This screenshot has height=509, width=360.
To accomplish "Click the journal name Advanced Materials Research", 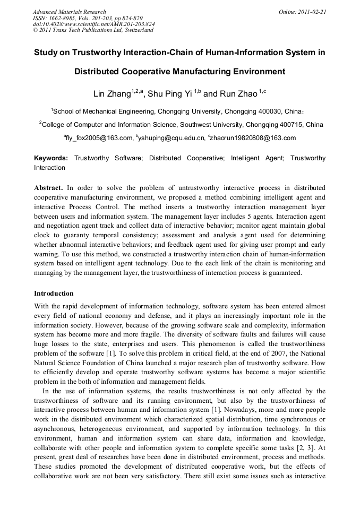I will click(x=69, y=12).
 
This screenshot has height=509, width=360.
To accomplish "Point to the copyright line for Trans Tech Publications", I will click(x=93, y=30).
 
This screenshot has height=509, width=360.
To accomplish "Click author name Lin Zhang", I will click(x=113, y=94).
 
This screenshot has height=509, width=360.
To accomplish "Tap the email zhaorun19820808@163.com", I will click(x=253, y=139).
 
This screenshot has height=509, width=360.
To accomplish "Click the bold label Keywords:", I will click(x=51, y=158).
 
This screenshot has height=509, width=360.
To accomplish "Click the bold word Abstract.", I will click(x=48, y=188).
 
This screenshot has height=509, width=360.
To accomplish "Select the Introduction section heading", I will click(x=54, y=293).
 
